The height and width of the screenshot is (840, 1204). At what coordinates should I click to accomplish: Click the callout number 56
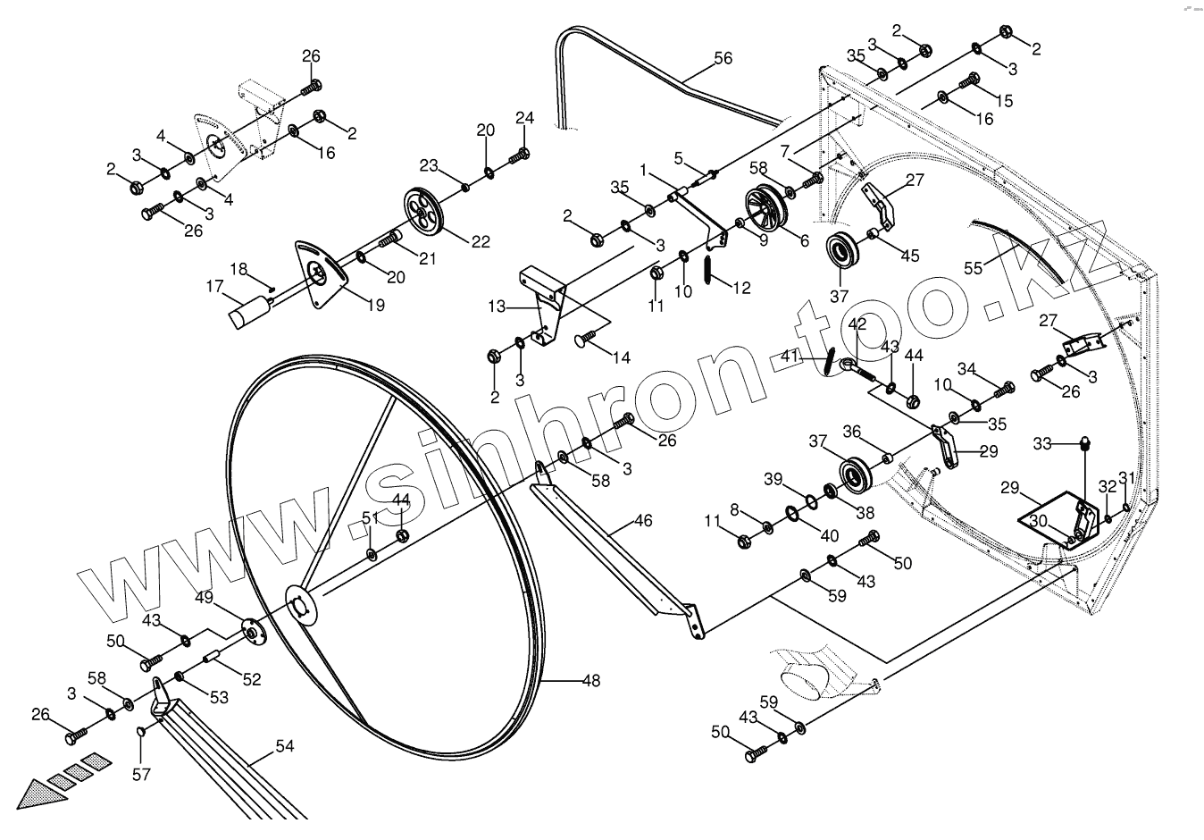[723, 59]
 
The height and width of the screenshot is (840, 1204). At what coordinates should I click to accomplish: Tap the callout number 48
[590, 681]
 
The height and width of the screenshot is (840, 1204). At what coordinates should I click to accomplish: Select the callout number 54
[284, 746]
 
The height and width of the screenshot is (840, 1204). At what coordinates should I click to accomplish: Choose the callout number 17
[214, 287]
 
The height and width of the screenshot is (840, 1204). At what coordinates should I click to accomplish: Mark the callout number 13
[497, 308]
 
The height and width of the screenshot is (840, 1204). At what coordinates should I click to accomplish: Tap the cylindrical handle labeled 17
[250, 313]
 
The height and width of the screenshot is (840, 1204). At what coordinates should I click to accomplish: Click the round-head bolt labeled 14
[587, 339]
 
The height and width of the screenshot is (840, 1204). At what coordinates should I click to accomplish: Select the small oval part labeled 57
[140, 734]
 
